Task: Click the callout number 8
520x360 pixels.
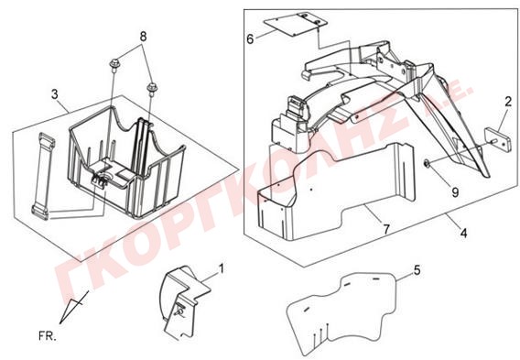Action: click(143, 37)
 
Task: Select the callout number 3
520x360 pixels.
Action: click(55, 94)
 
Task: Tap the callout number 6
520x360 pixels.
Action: click(250, 39)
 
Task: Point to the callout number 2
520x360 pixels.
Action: click(508, 102)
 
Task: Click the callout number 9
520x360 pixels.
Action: click(455, 191)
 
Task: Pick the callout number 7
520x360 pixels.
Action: click(386, 229)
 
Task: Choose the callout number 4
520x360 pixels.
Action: click(463, 234)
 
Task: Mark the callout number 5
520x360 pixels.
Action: click(417, 270)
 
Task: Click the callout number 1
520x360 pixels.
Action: click(222, 268)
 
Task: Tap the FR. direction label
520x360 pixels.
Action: click(48, 336)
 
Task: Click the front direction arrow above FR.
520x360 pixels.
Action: click(73, 307)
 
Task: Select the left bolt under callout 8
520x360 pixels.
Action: click(114, 65)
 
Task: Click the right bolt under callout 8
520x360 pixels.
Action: click(152, 89)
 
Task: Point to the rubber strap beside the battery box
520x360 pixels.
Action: click(43, 176)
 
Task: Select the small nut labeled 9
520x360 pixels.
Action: click(427, 163)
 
